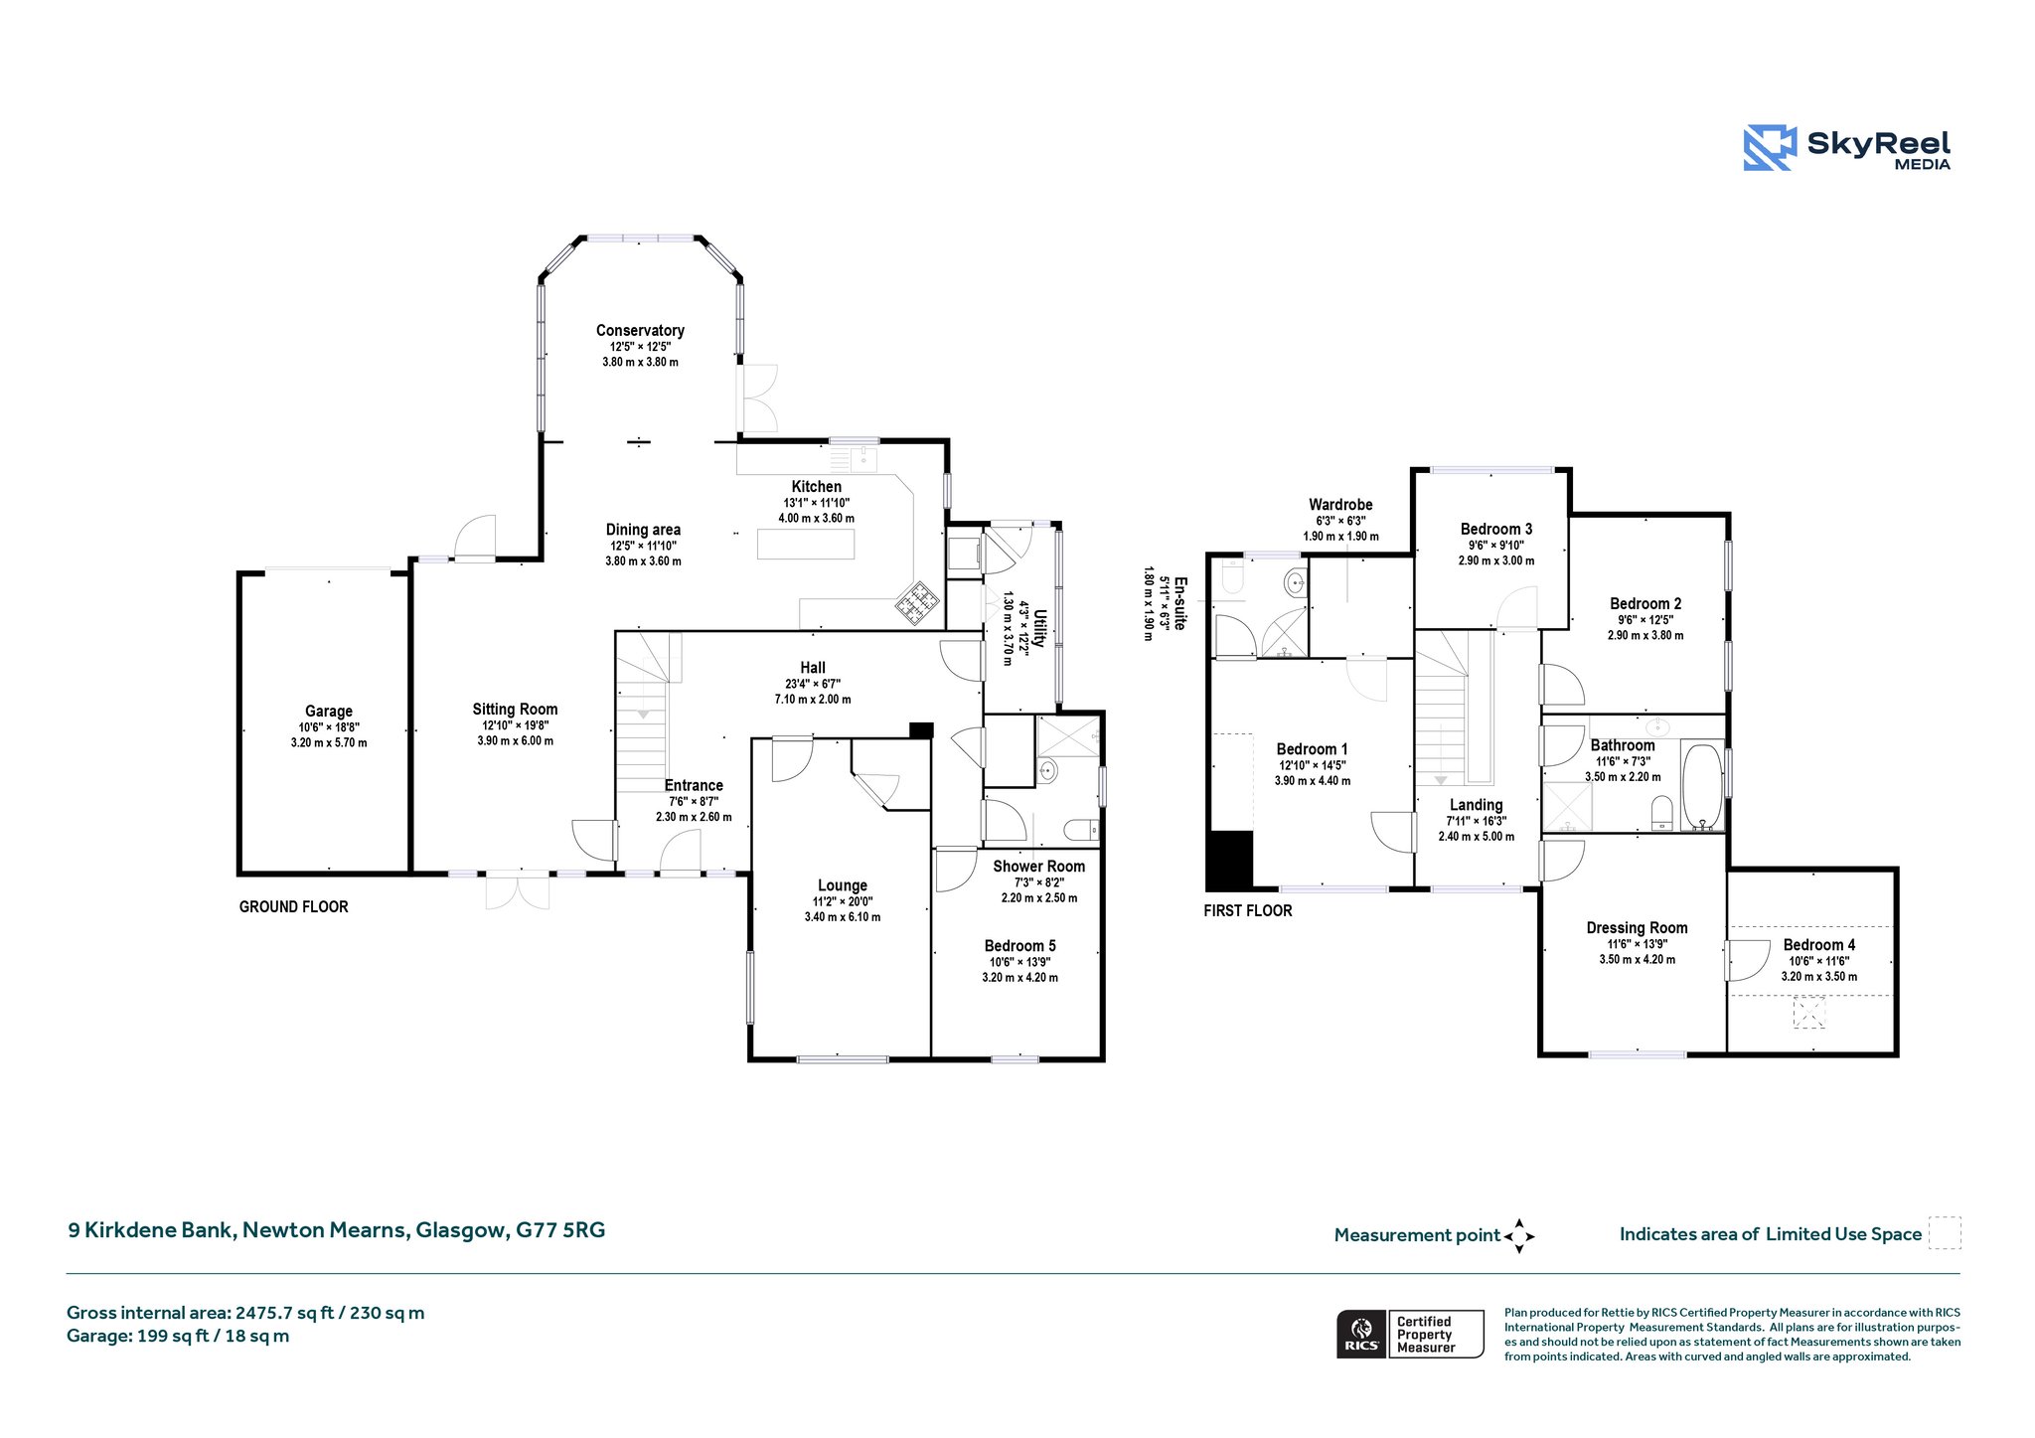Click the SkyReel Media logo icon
pyautogui.click(x=1770, y=148)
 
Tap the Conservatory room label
pyautogui.click(x=640, y=330)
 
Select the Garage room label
pyautogui.click(x=329, y=711)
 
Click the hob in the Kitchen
pyautogui.click(x=918, y=599)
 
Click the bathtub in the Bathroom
pyautogui.click(x=1702, y=786)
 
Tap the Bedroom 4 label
pyautogui.click(x=1818, y=944)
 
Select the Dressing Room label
pyautogui.click(x=1637, y=927)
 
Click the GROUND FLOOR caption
pyautogui.click(x=294, y=906)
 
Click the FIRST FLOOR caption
pyautogui.click(x=1248, y=910)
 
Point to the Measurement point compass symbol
pyautogui.click(x=1519, y=1236)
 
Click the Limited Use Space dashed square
pyautogui.click(x=1945, y=1232)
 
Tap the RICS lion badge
pyautogui.click(x=1362, y=1334)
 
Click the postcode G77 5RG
pyautogui.click(x=560, y=1229)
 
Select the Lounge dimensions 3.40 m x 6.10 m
pyautogui.click(x=843, y=917)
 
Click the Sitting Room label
pyautogui.click(x=515, y=709)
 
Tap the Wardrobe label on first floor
pyautogui.click(x=1340, y=504)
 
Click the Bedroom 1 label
pyautogui.click(x=1313, y=748)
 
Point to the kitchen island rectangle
pyautogui.click(x=806, y=545)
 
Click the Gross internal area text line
pyautogui.click(x=245, y=1313)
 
